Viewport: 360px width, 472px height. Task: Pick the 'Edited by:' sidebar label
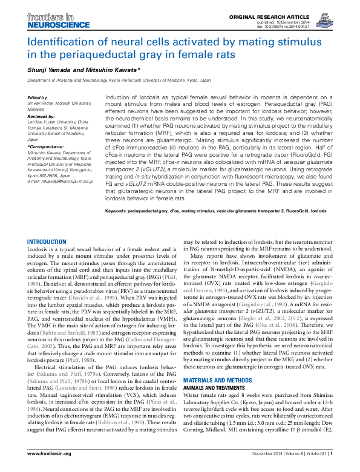coord(38,97)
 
